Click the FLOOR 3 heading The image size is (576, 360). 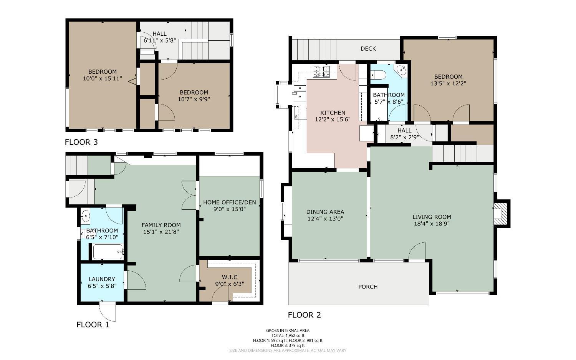81,142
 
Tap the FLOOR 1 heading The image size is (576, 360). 93,325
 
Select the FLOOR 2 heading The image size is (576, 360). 304,315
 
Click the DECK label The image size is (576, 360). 368,49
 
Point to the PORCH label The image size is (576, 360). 367,287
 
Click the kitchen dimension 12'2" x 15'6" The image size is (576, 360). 333,119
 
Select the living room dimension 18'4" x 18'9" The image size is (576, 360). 432,223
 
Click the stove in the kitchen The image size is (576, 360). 321,71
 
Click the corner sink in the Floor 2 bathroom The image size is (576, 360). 401,70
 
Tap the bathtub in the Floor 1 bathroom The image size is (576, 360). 108,252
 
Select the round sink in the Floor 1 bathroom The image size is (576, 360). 85,216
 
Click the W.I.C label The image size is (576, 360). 229,277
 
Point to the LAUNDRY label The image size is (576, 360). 102,279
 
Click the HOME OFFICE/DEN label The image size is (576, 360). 229,202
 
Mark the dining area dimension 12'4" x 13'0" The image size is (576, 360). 325,219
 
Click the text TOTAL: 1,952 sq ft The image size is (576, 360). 288,335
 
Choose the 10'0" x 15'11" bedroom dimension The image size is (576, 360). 102,78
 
